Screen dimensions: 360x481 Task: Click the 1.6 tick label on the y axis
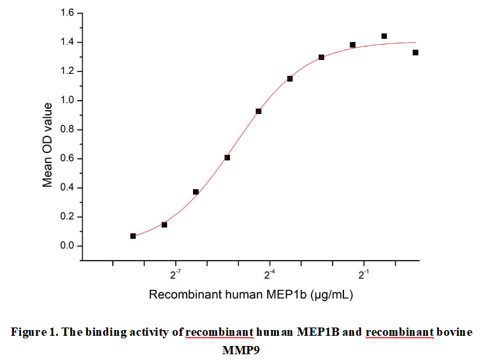[66, 13]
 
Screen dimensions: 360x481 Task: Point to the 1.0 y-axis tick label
[66, 100]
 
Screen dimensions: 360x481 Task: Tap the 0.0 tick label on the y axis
[66, 246]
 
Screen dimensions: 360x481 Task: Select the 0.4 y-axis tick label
[66, 187]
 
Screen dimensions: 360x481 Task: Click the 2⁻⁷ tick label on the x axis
[175, 275]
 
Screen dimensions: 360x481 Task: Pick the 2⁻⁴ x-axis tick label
[269, 275]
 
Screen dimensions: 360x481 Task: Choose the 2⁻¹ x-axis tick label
[364, 275]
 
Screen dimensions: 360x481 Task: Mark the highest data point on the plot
[384, 36]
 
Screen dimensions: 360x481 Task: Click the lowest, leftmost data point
[133, 236]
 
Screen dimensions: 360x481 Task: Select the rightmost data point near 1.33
[415, 52]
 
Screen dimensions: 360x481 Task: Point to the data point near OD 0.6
[227, 157]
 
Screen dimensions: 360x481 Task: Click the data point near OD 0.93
[259, 112]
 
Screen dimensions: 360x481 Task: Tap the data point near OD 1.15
[290, 78]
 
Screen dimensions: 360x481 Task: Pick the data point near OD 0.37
[196, 192]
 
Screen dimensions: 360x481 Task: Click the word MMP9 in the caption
[241, 350]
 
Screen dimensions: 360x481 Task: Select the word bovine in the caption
[454, 332]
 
